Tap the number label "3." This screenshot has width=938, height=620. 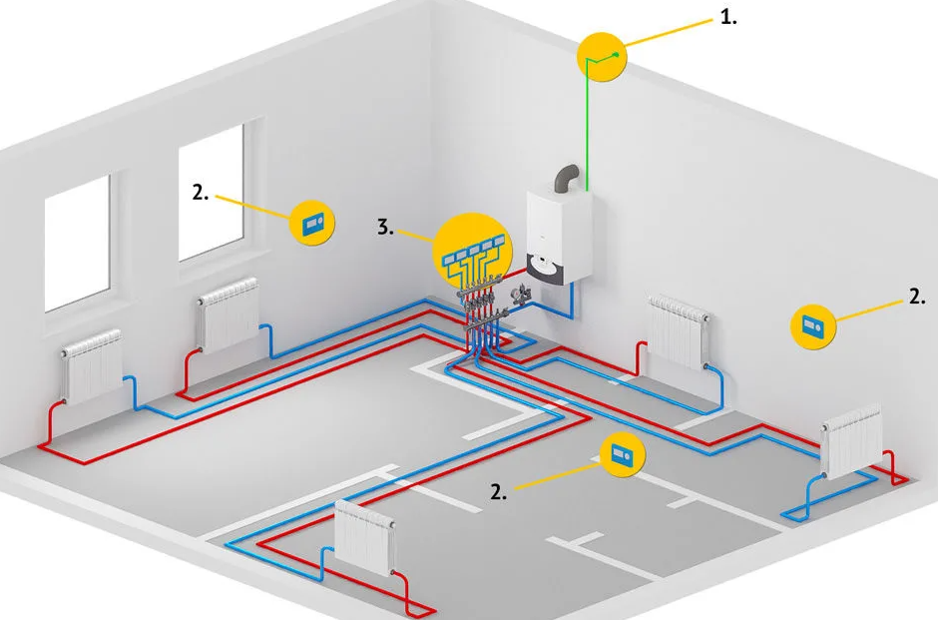[x=386, y=228]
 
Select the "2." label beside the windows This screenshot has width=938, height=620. [x=201, y=192]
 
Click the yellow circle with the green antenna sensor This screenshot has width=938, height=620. [x=603, y=57]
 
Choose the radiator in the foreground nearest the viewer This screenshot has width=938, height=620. [x=366, y=536]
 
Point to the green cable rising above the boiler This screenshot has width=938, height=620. [x=589, y=130]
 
